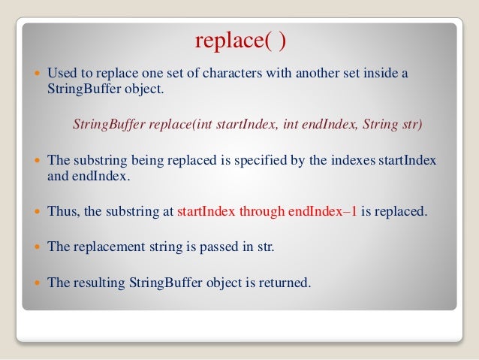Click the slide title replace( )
point(240,41)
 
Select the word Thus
point(62,211)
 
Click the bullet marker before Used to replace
point(38,75)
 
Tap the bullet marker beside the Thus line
point(38,212)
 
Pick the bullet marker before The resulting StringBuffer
point(38,283)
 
